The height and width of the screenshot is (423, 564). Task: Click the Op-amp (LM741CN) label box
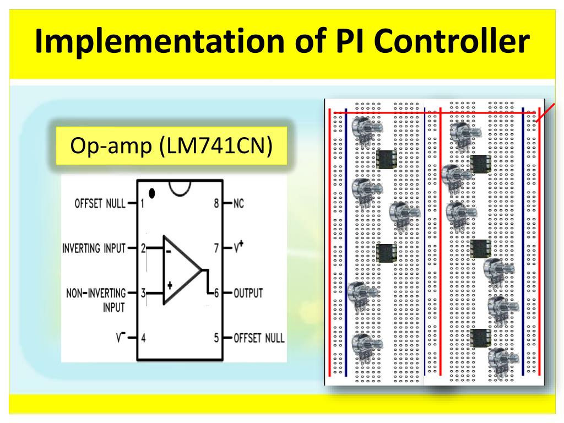(172, 147)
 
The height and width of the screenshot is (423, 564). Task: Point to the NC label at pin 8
(238, 204)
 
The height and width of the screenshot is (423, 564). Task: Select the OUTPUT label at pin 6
(248, 292)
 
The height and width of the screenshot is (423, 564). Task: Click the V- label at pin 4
(121, 337)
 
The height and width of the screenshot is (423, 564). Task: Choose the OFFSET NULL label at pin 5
(258, 337)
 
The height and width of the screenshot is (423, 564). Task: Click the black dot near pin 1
(153, 193)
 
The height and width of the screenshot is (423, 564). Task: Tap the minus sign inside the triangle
(169, 253)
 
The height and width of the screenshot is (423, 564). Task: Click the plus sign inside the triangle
(170, 285)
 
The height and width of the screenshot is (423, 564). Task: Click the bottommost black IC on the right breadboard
(481, 337)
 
